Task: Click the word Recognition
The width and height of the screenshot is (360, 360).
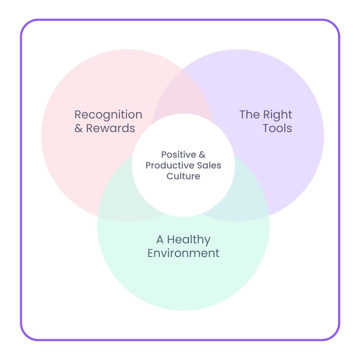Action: point(108,115)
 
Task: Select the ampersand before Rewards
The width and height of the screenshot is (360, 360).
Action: point(78,129)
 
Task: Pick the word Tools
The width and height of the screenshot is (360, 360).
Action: point(277,128)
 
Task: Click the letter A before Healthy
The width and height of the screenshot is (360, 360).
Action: point(160,240)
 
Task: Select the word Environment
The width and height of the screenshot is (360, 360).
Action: point(183,253)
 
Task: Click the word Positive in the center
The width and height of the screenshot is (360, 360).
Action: point(178,155)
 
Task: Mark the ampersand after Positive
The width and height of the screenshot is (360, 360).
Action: point(202,155)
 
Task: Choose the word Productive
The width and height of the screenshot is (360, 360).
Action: point(167,166)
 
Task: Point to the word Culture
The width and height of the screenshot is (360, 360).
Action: point(183,176)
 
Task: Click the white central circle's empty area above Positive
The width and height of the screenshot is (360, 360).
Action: point(183,133)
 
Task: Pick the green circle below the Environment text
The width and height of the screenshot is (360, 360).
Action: point(183,284)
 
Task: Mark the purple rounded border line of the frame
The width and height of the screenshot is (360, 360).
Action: point(21,180)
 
